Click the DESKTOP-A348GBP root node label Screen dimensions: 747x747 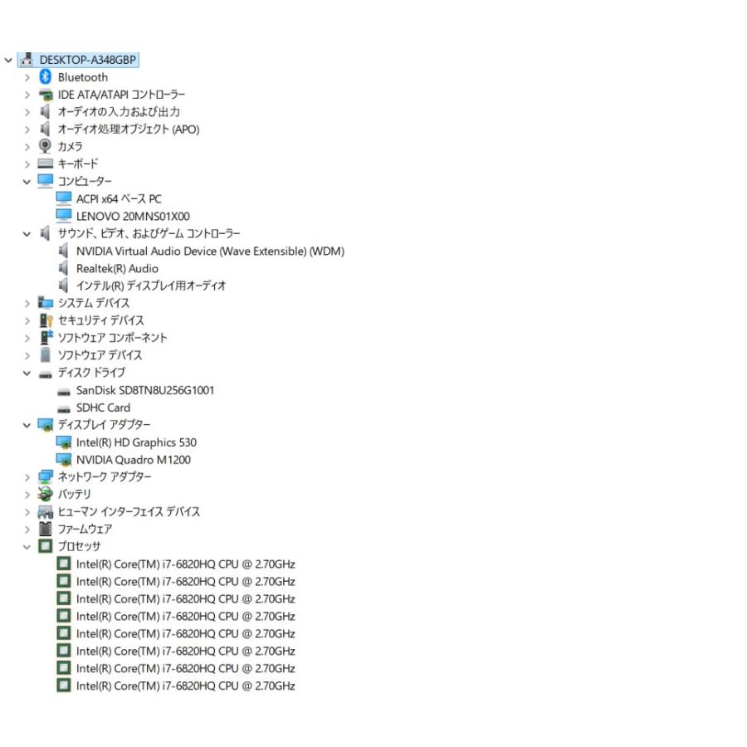tap(88, 60)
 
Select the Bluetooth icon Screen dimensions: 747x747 tap(46, 76)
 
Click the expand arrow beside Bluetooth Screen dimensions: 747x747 tap(27, 78)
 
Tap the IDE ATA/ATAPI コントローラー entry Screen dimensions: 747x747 tap(121, 95)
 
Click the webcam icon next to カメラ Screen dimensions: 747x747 tap(46, 146)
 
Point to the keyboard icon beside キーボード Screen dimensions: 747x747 tap(46, 164)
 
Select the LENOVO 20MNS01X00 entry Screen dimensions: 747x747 tap(133, 217)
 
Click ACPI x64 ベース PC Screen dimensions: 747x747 tap(119, 198)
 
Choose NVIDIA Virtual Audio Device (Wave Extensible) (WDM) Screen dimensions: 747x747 tap(210, 251)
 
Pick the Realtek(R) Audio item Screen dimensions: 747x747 tap(117, 269)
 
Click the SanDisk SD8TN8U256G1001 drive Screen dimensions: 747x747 tap(144, 390)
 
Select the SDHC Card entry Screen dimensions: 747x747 tap(103, 408)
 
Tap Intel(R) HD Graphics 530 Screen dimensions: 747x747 tap(136, 442)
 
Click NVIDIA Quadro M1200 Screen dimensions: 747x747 tap(134, 460)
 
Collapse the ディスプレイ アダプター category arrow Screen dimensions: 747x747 tap(27, 426)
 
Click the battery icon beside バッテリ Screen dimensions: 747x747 tap(46, 494)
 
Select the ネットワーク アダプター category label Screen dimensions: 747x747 tap(105, 477)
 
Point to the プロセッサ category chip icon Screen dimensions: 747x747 tap(46, 546)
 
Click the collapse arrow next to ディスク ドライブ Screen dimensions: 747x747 tap(27, 373)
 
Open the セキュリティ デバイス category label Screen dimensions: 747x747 tap(100, 320)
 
